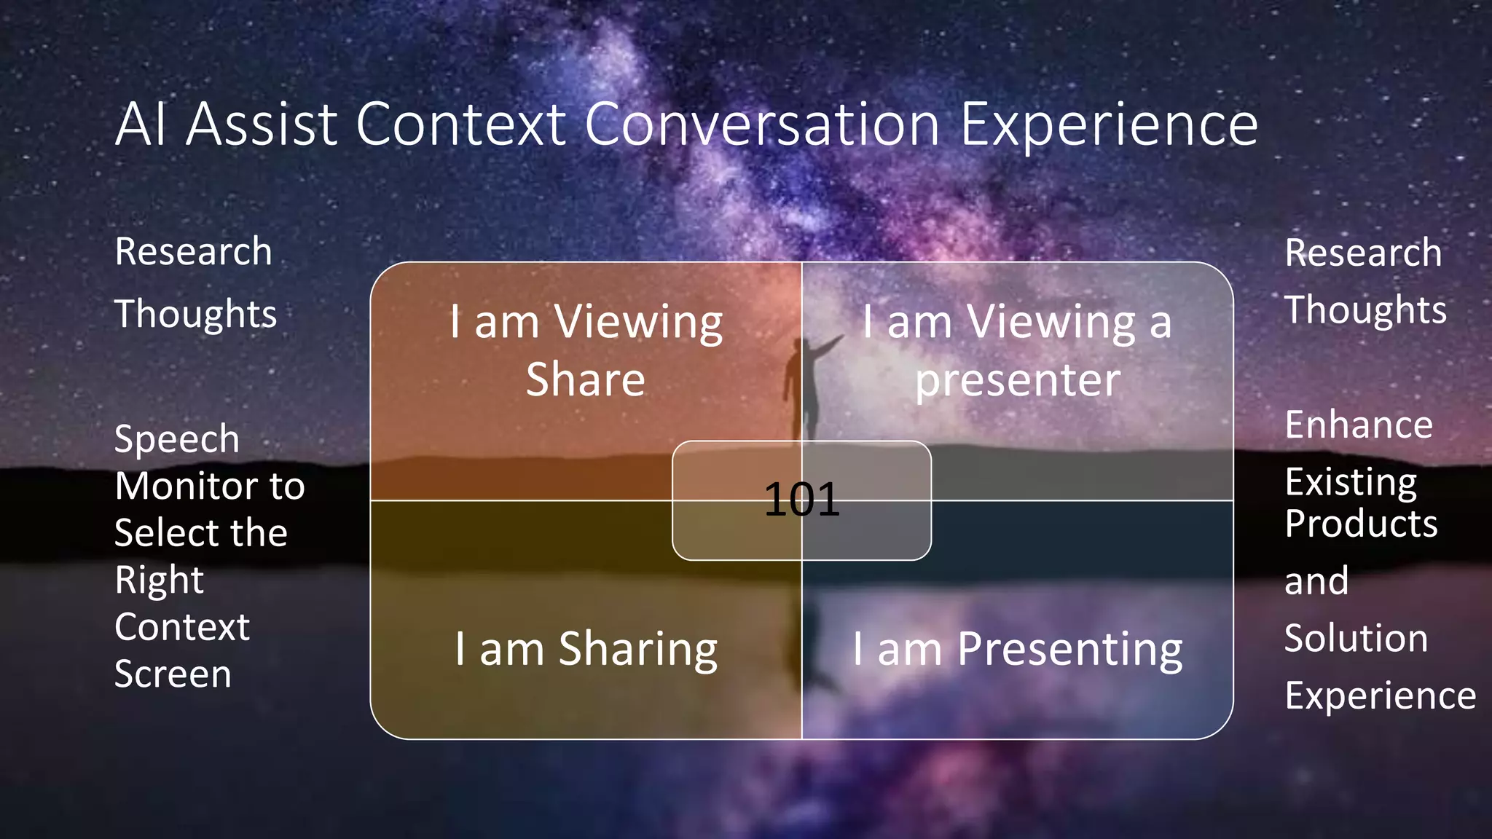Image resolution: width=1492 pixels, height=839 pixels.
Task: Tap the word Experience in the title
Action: point(1109,125)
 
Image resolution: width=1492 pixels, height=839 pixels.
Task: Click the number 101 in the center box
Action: point(801,500)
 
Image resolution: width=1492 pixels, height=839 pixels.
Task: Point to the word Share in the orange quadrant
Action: point(586,379)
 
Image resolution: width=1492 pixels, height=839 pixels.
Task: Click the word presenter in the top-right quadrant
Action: point(1018,379)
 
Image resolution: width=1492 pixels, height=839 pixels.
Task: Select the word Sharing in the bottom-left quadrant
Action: point(637,649)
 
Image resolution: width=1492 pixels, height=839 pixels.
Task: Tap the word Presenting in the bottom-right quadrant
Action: point(1069,649)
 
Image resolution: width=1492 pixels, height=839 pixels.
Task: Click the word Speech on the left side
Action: point(177,439)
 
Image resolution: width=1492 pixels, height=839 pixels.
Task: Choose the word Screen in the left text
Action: point(173,674)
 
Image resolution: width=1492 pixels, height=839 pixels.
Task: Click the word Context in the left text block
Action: point(182,627)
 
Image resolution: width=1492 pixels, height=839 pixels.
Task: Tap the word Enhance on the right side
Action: point(1359,425)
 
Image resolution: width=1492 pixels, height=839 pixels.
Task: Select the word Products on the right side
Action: point(1361,524)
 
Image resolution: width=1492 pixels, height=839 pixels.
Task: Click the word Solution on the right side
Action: point(1356,638)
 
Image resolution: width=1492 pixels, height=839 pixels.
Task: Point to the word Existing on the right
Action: point(1351,482)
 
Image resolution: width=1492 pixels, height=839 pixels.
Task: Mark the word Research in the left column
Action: point(193,252)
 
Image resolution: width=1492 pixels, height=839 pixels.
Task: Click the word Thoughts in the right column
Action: point(1365,310)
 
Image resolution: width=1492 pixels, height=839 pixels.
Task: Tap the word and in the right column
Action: point(1316,581)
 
